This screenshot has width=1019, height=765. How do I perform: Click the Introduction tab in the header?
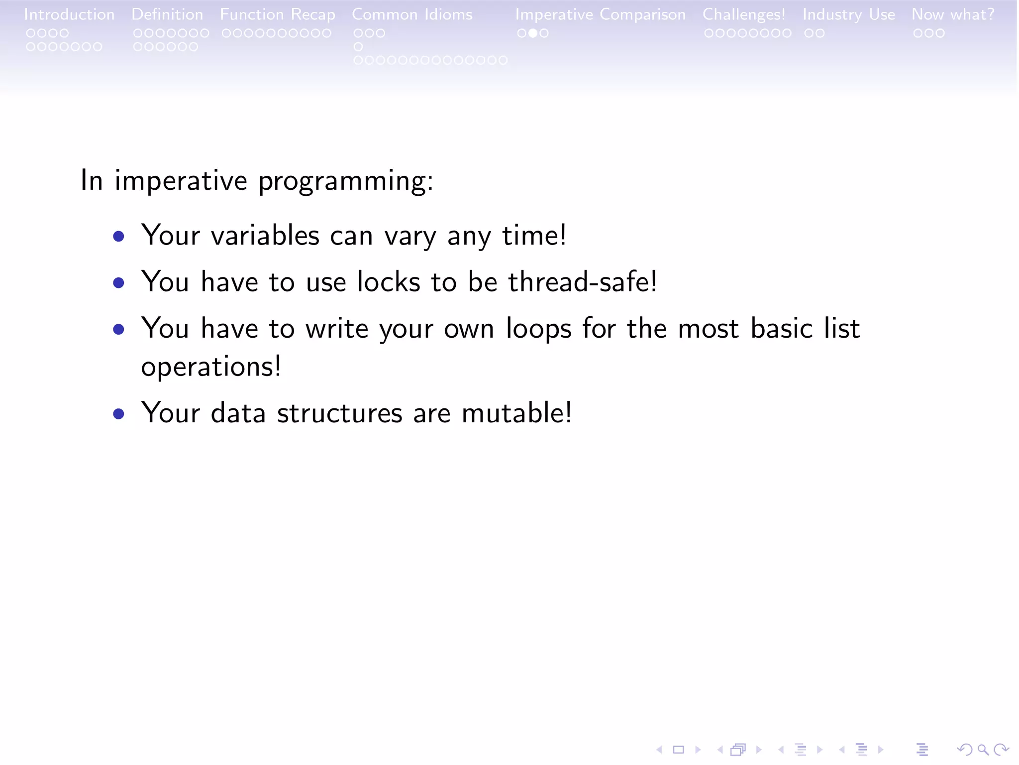pos(69,14)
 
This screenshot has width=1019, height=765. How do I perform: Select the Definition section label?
pos(167,14)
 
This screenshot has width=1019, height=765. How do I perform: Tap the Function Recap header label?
pos(278,14)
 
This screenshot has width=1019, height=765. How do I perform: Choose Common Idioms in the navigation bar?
pos(412,14)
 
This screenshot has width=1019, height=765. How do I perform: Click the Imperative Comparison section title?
pos(600,14)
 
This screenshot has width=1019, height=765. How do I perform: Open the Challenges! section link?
pos(744,14)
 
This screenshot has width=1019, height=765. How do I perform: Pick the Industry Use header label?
pos(848,14)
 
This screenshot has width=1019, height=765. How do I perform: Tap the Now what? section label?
pos(953,14)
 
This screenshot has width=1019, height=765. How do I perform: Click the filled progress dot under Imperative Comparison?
pos(533,33)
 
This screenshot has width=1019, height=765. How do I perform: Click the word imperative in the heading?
pos(181,180)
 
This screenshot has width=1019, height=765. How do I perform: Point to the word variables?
pos(265,235)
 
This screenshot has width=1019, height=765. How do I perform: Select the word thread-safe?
pos(583,282)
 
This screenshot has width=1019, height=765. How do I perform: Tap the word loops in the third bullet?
pos(538,329)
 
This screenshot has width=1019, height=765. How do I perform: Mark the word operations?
pos(211,367)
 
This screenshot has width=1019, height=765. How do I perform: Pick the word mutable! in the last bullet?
pos(516,413)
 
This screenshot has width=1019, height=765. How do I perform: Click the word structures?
pos(339,413)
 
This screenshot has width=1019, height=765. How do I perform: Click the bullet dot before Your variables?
pos(118,236)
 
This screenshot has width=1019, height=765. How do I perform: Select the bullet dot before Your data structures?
pos(118,414)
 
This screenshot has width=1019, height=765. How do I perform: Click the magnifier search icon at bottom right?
pos(983,750)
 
